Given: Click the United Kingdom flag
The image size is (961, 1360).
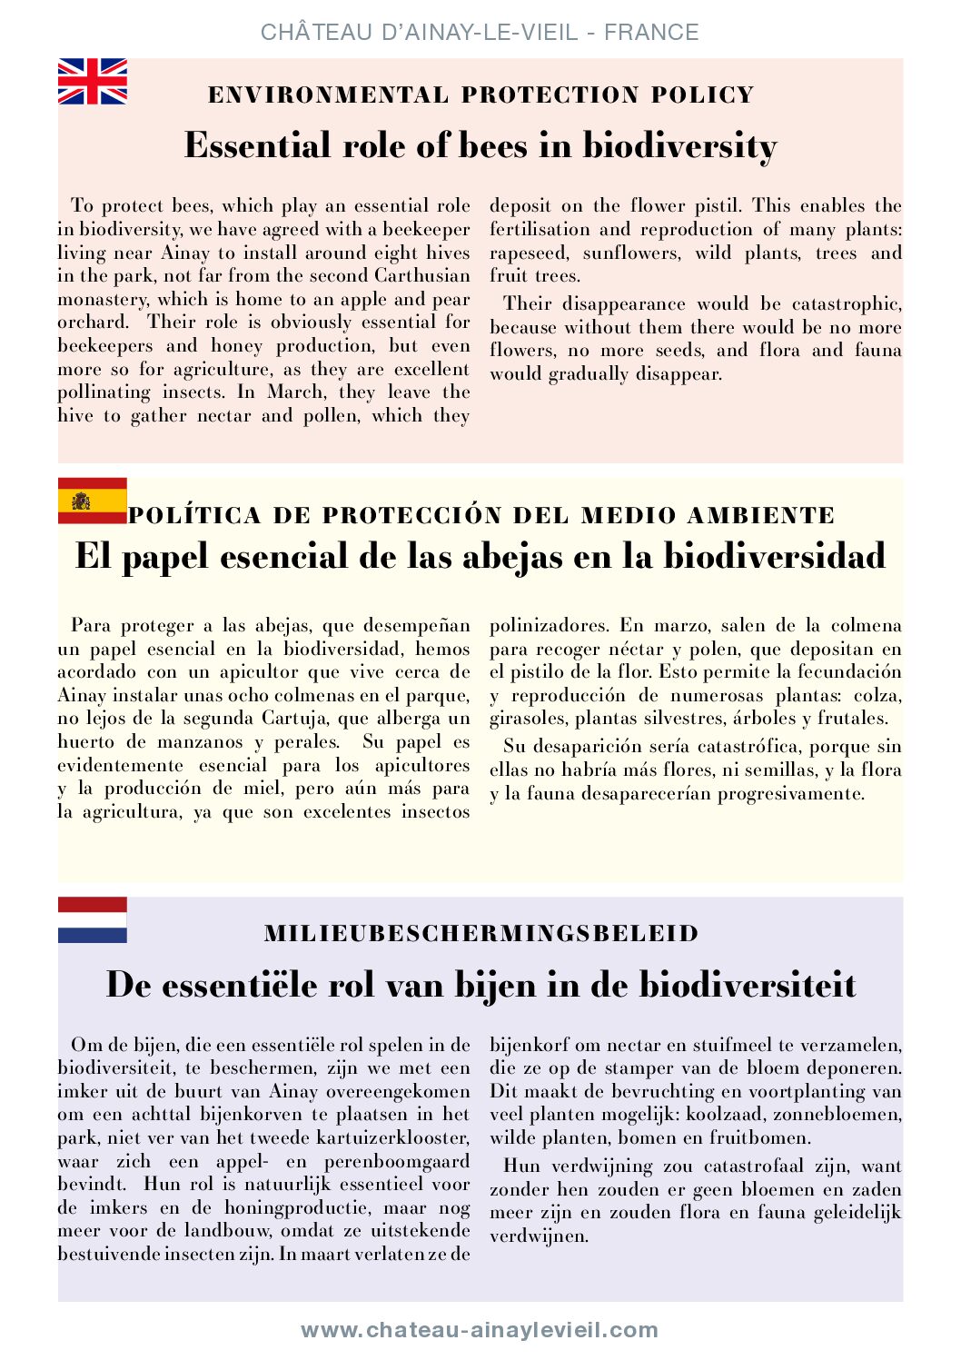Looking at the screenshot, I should point(93,82).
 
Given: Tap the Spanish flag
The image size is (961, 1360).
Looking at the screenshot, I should point(93,501).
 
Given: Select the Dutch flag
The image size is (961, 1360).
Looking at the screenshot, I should point(93,919).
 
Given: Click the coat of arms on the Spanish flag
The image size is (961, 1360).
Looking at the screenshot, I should point(82,501).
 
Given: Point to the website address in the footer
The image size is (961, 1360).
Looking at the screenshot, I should point(480,1330).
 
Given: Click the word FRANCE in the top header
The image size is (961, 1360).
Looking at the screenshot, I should point(651,33).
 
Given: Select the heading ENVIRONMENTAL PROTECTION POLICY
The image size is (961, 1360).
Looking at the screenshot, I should point(480,95).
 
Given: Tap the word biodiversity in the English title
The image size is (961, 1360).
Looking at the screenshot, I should point(679,146).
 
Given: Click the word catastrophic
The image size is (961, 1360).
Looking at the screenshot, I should point(847,304).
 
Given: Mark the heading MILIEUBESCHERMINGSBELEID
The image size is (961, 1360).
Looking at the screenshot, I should point(480,934).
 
